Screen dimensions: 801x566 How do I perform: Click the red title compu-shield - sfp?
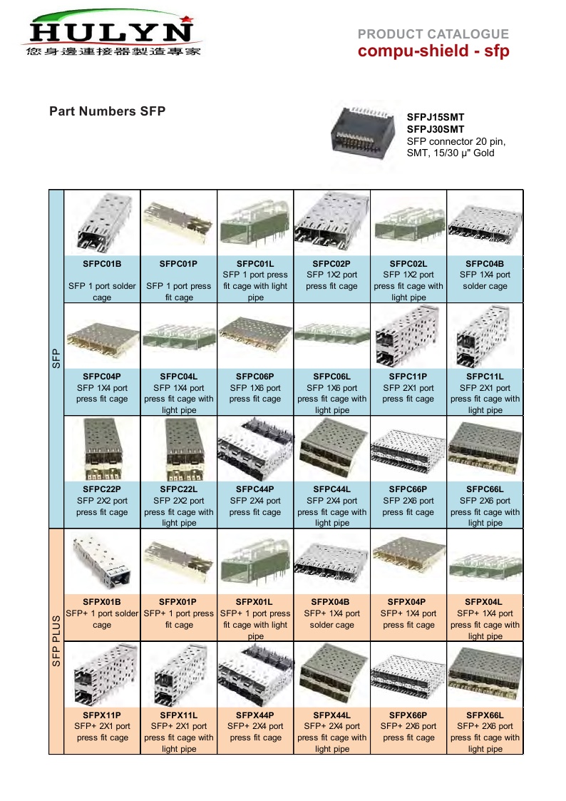click(433, 51)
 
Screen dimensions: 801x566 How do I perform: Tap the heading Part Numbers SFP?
click(107, 111)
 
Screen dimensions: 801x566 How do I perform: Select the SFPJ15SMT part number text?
click(435, 118)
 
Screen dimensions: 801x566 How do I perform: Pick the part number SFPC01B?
click(102, 263)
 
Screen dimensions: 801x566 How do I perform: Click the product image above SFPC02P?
click(331, 223)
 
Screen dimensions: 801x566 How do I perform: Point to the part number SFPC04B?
click(485, 263)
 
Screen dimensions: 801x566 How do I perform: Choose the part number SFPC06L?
click(331, 377)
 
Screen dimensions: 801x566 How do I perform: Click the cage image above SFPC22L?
click(179, 449)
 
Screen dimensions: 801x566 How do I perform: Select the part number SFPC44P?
click(255, 489)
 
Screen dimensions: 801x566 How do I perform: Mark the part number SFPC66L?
click(485, 489)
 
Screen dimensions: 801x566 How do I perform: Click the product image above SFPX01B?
click(102, 561)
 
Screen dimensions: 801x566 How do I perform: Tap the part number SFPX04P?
click(408, 602)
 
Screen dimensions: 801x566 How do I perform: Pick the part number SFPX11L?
click(179, 715)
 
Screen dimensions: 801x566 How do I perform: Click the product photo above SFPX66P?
click(408, 675)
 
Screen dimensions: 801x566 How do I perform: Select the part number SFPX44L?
click(331, 715)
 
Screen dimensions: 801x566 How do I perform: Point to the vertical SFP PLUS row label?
click(56, 641)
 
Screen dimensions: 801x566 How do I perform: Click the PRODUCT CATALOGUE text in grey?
click(433, 34)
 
